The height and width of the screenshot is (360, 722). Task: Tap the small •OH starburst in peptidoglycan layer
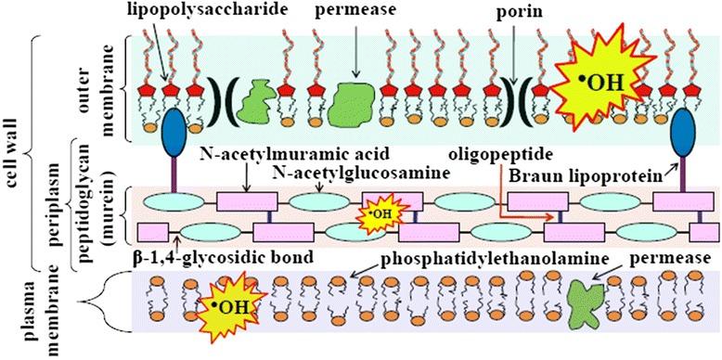(x=380, y=216)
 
